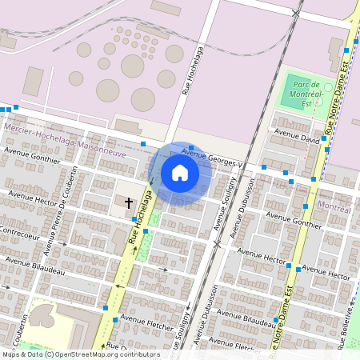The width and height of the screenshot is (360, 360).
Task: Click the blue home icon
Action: pos(180,173)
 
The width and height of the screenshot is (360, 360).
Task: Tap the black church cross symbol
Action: pos(129,203)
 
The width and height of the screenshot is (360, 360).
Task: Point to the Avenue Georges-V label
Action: pos(211,158)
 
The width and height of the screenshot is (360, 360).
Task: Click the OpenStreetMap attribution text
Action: pos(80,354)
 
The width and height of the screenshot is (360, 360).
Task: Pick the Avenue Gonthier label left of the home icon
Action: pos(32,154)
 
